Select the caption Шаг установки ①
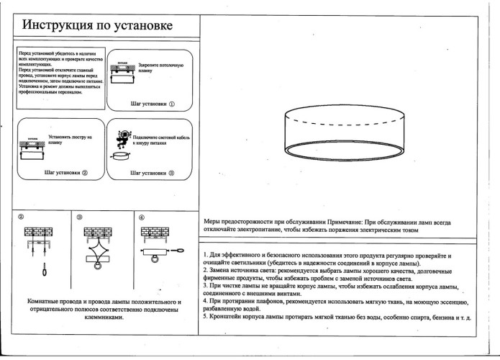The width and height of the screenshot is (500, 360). tap(153, 104)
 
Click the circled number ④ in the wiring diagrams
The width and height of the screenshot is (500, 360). tap(141, 216)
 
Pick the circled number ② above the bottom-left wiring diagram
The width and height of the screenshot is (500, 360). tap(21, 216)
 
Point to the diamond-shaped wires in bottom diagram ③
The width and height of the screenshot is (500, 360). tap(94, 256)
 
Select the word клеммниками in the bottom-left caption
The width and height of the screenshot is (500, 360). tap(103, 318)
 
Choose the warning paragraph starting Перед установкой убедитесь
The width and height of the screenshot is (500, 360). tap(60, 72)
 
